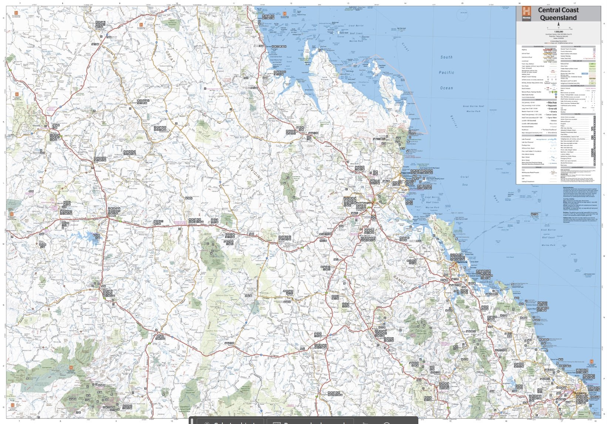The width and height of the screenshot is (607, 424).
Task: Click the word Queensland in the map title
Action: [558, 18]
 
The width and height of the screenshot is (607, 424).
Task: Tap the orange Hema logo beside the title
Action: [526, 13]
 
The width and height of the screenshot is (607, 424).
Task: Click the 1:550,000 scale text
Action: [559, 32]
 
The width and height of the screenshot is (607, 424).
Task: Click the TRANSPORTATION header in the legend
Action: [538, 47]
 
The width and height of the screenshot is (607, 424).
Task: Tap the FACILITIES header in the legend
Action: [577, 114]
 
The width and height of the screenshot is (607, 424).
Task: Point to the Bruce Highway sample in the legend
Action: [550, 49]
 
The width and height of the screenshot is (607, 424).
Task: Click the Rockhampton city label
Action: [364, 203]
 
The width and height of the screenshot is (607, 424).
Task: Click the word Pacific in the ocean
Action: [446, 72]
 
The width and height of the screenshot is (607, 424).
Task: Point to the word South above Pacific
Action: [446, 57]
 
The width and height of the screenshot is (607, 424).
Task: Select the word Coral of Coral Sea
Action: [465, 177]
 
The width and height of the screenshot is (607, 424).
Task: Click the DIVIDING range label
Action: [255, 173]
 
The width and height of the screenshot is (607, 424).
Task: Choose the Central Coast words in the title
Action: [558, 10]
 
